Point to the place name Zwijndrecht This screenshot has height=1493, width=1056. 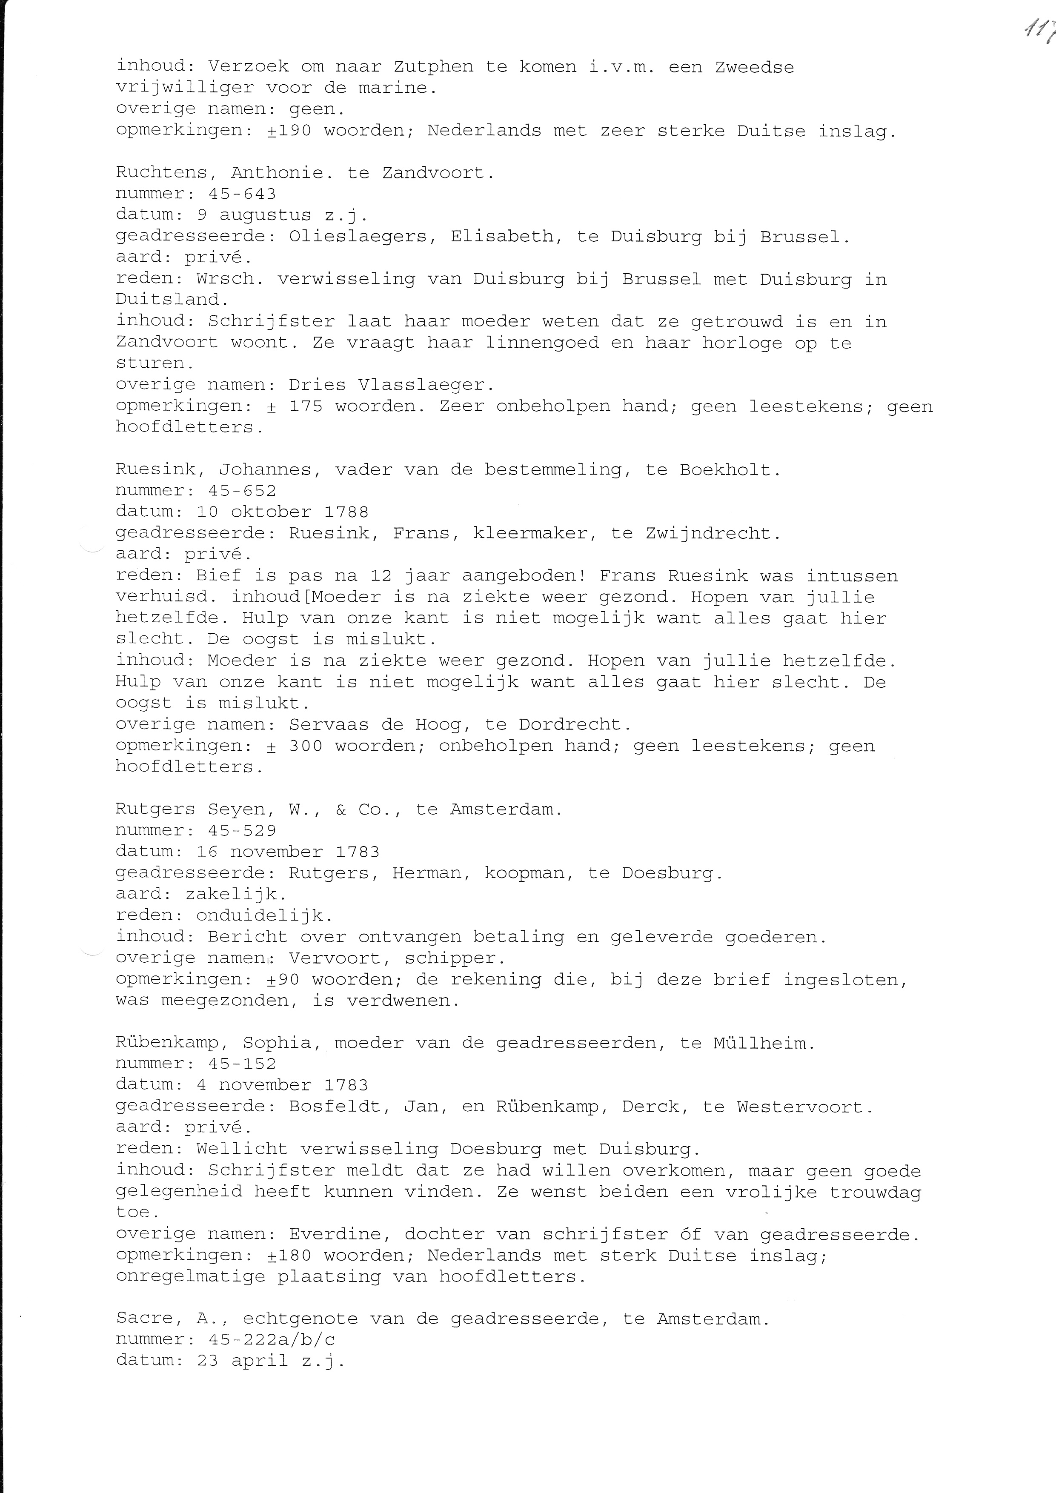(713, 533)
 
